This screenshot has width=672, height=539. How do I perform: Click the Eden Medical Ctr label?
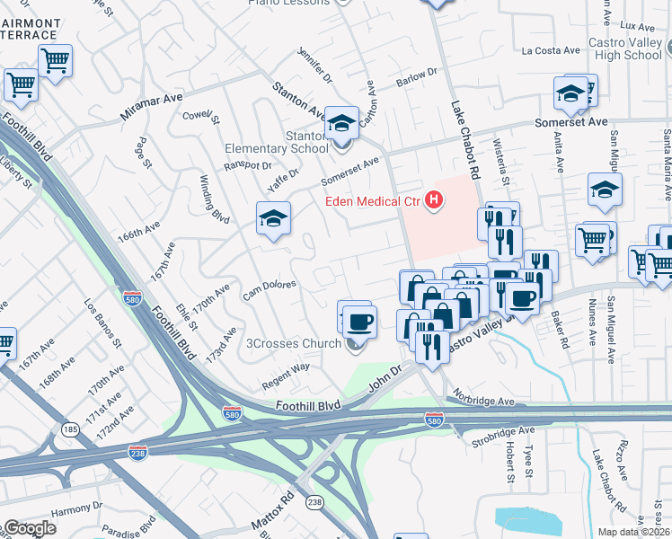[374, 201]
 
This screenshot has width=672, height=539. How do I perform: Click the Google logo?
[30, 528]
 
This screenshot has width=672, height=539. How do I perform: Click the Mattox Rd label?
[278, 509]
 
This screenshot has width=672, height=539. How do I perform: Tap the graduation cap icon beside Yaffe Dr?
[274, 217]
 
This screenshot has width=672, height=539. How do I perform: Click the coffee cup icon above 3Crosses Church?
[359, 320]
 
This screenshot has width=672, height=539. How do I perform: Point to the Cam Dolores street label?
[270, 290]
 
